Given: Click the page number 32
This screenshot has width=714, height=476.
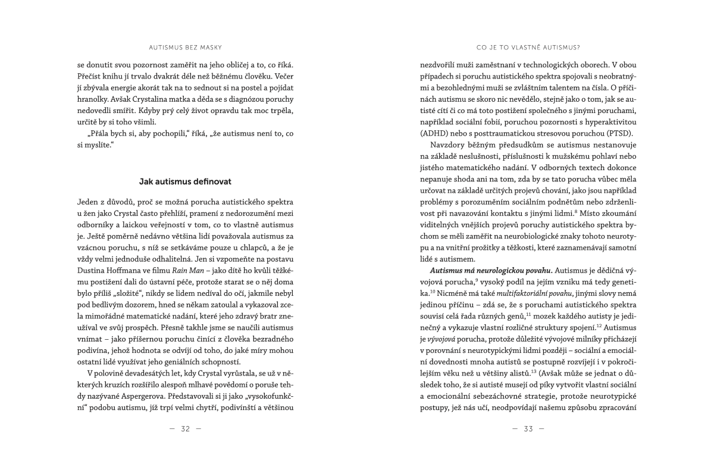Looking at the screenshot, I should click(x=185, y=428).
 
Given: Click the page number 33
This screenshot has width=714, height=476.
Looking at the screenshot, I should click(x=528, y=428).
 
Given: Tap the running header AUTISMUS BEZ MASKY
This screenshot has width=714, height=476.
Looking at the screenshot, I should click(x=185, y=46).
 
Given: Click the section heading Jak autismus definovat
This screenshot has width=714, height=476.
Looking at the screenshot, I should click(x=185, y=180).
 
